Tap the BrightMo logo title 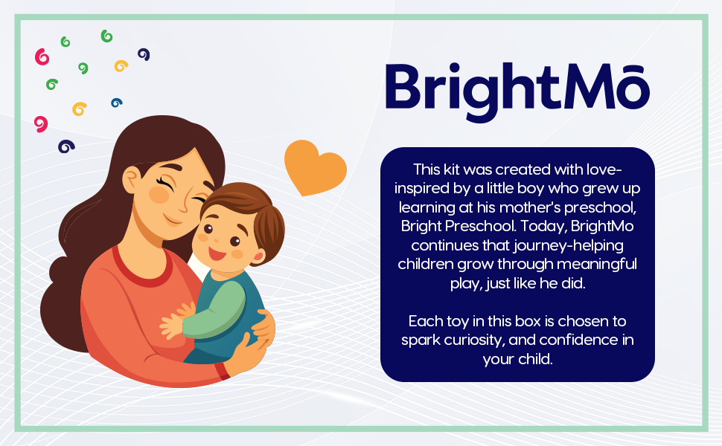pos(517,91)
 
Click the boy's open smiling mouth pos(217,253)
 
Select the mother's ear pos(131,180)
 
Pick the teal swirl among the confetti pos(117,103)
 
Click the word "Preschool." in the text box pos(480,226)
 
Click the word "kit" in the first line pos(451,169)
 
